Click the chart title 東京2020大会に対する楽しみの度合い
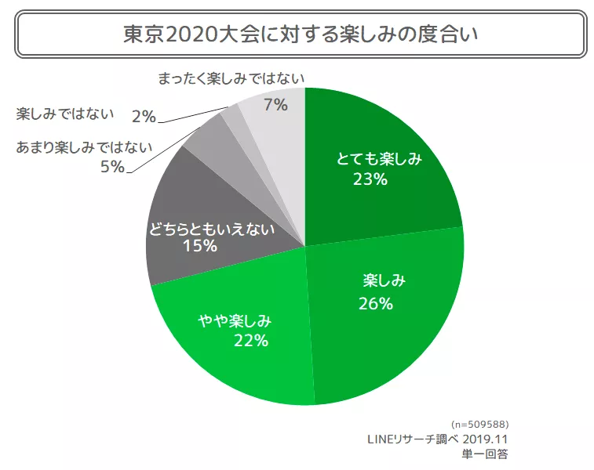coord(301,34)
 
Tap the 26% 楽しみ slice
coord(392,329)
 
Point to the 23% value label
coord(370,179)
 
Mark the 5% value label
coord(112,167)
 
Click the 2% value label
coord(144,117)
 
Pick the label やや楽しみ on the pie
coord(234,321)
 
